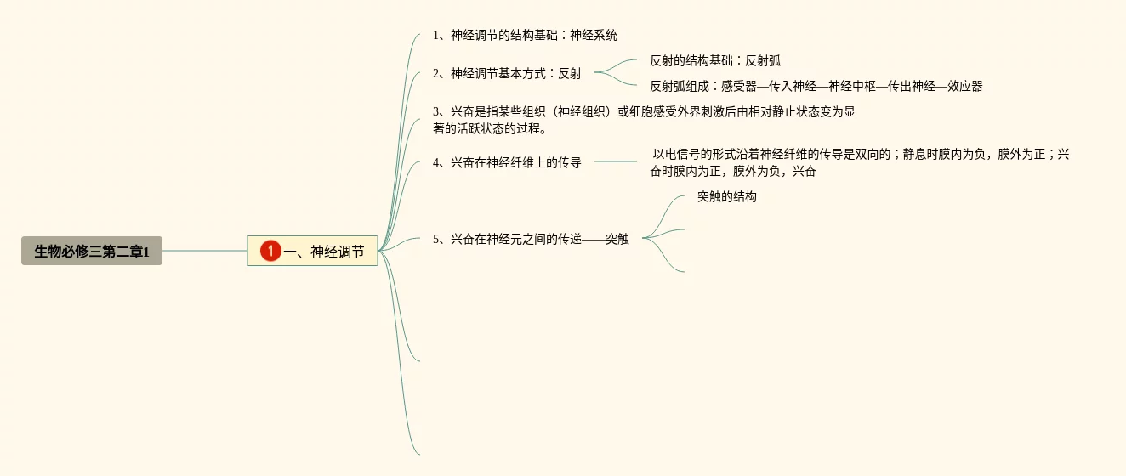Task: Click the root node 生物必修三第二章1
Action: click(92, 251)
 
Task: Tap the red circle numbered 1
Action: click(270, 251)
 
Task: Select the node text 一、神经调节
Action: click(324, 252)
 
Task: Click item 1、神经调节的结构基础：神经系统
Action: click(525, 36)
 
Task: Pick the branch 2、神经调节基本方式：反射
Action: click(507, 73)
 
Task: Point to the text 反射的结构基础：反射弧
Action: click(714, 60)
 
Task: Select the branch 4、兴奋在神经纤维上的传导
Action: click(507, 162)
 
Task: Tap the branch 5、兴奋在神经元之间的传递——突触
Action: click(531, 239)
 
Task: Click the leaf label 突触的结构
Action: click(726, 197)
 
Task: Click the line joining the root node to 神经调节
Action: click(204, 251)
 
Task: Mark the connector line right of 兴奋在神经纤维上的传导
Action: click(615, 161)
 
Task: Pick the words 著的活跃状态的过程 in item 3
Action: click(486, 129)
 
